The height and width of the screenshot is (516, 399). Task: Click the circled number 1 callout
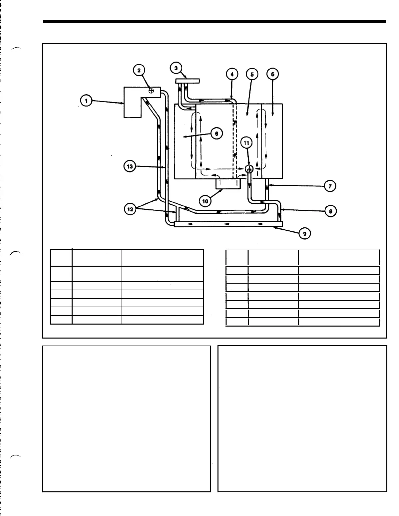point(86,101)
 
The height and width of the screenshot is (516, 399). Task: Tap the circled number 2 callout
point(139,70)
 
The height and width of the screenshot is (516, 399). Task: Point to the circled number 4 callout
point(232,74)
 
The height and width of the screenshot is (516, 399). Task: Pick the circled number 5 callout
point(252,74)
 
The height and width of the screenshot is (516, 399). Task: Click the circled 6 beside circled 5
point(272,74)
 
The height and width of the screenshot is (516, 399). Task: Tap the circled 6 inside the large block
point(216,133)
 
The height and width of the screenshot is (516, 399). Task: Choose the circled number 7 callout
point(330,186)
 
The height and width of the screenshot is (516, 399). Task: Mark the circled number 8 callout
point(330,211)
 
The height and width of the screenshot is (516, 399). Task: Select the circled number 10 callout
point(205,201)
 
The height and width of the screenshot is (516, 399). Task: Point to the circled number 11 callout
point(246,143)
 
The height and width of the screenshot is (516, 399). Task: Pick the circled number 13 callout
point(130,166)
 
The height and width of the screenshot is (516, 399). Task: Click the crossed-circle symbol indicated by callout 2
point(151,91)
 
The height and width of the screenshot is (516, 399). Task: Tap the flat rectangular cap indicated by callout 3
point(187,81)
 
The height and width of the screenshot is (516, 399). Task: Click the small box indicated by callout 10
point(228,184)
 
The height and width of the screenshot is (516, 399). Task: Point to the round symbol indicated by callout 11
point(249,169)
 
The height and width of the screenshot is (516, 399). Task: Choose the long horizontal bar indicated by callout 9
point(228,224)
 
